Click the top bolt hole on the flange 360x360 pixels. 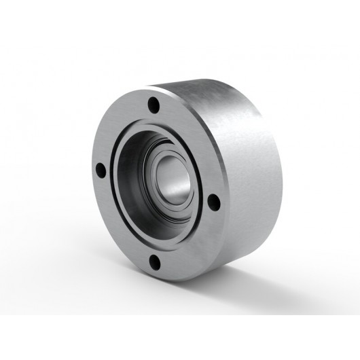(154, 106)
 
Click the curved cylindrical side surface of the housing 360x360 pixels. (245, 170)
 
